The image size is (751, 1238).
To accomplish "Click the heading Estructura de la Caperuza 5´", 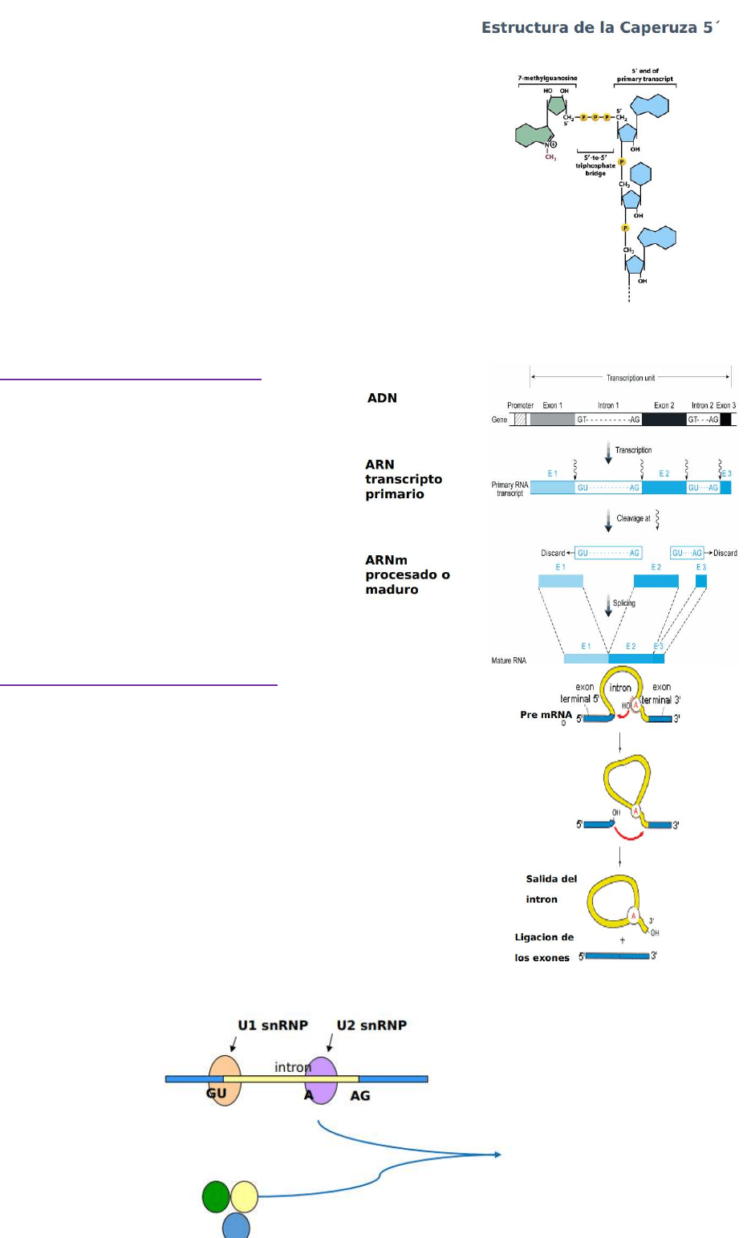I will (x=600, y=28).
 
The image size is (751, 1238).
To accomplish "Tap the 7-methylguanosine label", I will (x=547, y=79).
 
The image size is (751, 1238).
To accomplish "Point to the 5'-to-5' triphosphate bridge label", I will (x=595, y=165).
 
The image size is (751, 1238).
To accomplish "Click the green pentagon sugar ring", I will (x=557, y=106).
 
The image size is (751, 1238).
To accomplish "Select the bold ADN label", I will (x=382, y=398).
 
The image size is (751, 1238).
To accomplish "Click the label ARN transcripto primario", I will (x=403, y=479).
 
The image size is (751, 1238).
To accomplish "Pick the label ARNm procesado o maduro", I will (x=407, y=574).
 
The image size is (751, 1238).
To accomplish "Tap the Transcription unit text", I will (x=631, y=378).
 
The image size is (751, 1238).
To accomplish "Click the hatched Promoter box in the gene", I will (x=520, y=419).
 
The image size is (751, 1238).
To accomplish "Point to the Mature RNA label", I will (x=509, y=660).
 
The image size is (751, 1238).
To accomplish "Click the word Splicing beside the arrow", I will (x=624, y=603).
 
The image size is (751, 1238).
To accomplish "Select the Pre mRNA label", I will (x=546, y=715).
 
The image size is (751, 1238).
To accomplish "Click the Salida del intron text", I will (x=550, y=889).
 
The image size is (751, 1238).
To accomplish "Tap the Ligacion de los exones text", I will (x=543, y=948).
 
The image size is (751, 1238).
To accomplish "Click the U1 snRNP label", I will (x=273, y=1025).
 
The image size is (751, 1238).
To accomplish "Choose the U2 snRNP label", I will (x=371, y=1025).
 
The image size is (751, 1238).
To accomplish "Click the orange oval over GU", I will (x=225, y=1080).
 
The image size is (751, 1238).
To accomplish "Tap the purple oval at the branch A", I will (x=322, y=1080).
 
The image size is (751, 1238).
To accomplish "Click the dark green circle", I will (x=216, y=1196).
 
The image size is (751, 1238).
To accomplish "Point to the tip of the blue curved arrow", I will (x=501, y=1155).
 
